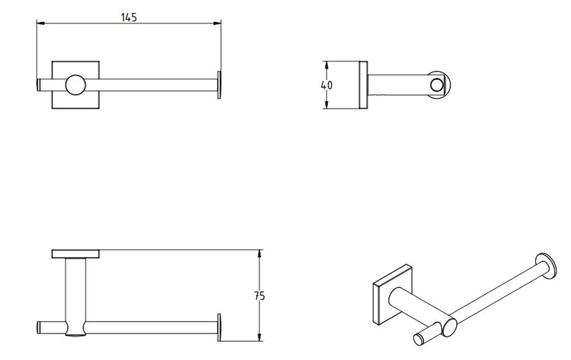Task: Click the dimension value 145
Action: pos(128,16)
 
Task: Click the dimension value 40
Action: pos(328,85)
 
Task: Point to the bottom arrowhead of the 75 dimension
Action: pos(261,335)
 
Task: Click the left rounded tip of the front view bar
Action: pos(39,85)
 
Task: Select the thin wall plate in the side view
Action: pos(364,86)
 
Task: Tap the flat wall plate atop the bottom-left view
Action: pos(76,254)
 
